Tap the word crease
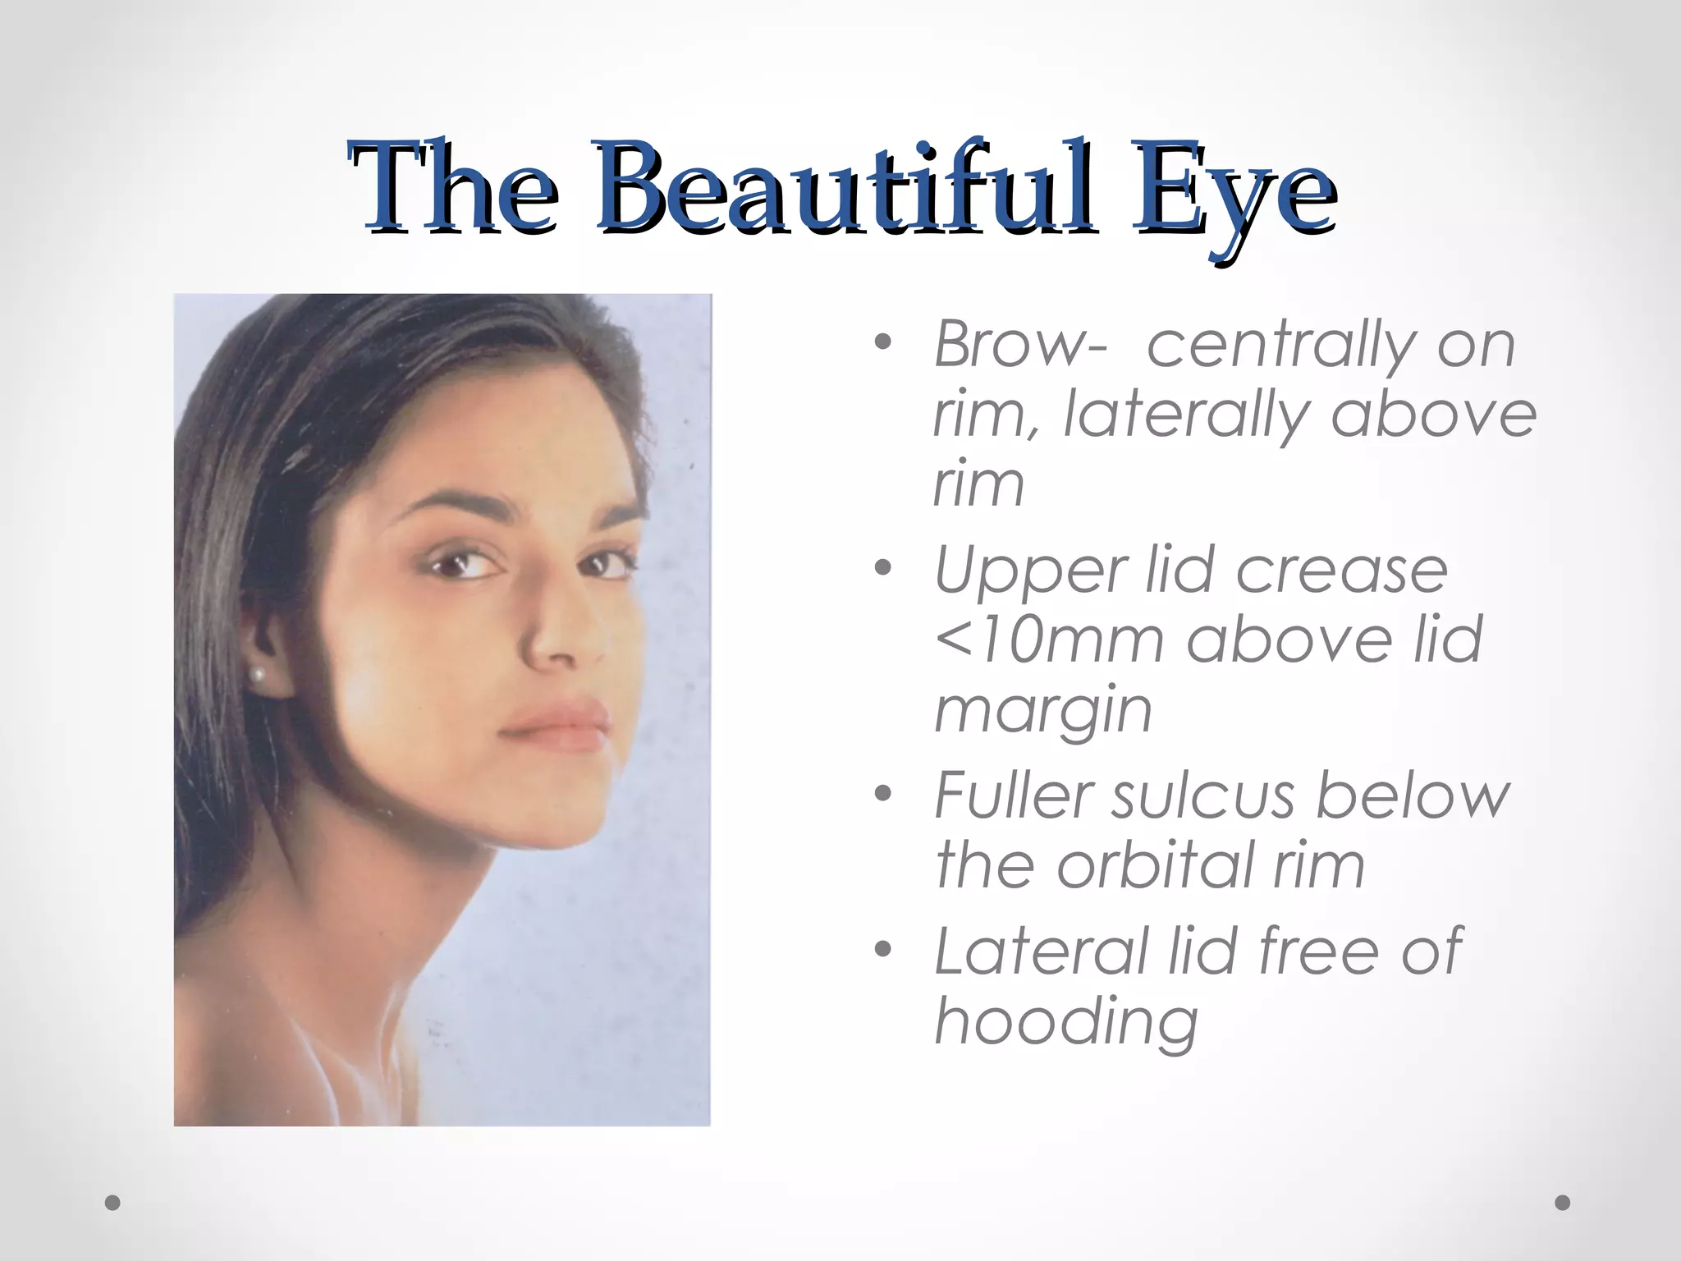pyautogui.click(x=1341, y=570)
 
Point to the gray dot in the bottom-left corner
pyautogui.click(x=113, y=1202)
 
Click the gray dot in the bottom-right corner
pyautogui.click(x=1562, y=1202)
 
